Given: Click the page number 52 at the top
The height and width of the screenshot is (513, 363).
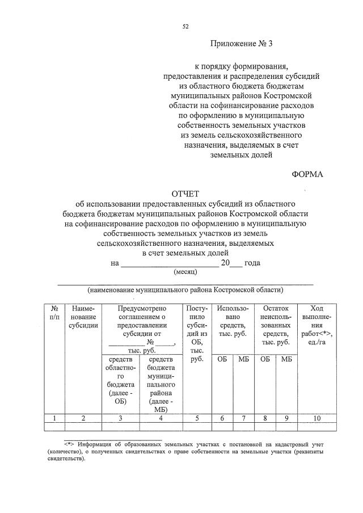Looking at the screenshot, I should (185, 26).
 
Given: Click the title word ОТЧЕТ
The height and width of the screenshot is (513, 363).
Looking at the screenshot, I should (185, 194).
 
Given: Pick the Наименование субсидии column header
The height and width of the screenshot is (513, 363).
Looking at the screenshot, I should (83, 316).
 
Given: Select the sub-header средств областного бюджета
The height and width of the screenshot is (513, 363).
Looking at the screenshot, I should (120, 380).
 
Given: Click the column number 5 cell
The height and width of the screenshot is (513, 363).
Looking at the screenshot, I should (197, 418).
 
